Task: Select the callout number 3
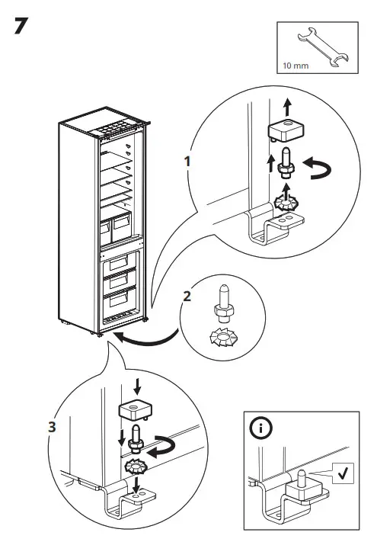[x=51, y=427]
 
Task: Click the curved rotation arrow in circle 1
[x=315, y=169]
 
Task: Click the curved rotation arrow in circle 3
[x=165, y=447]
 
